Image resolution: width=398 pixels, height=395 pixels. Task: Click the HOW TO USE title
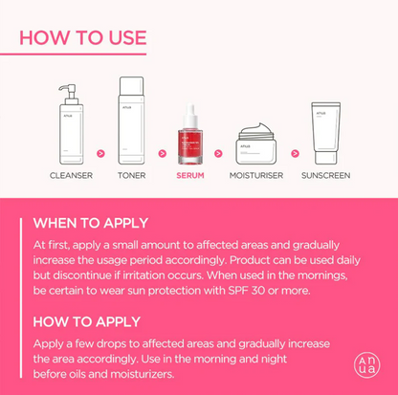tap(83, 37)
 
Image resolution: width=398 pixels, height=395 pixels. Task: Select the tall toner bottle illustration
tap(131, 121)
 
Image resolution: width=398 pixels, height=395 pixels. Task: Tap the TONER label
tap(131, 176)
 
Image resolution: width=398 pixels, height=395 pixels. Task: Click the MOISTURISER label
tap(256, 176)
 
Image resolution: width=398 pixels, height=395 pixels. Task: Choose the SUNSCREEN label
tap(325, 176)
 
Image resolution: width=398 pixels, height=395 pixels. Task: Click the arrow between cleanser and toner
tap(100, 151)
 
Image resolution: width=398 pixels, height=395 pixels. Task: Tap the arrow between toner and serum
tap(162, 151)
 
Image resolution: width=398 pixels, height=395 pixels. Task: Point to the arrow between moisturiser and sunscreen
tap(294, 151)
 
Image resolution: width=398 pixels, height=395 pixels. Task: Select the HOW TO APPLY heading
tap(86, 321)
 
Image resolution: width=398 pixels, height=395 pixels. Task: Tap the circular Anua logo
tap(366, 364)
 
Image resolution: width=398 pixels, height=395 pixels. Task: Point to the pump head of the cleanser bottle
tap(66, 91)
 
